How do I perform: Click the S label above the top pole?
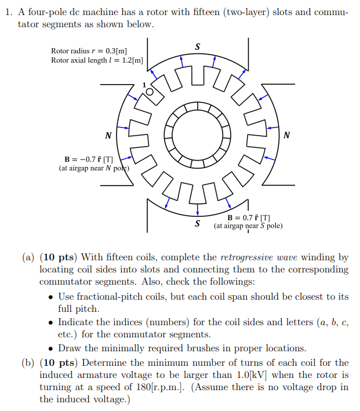click(198, 46)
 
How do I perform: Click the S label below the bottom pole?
click(198, 223)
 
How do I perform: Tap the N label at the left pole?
click(108, 136)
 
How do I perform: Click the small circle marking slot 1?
click(150, 92)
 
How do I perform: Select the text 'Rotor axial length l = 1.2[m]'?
click(97, 60)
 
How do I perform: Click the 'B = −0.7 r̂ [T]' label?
click(89, 159)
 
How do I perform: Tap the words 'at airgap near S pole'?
click(248, 225)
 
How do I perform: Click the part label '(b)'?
click(28, 362)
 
